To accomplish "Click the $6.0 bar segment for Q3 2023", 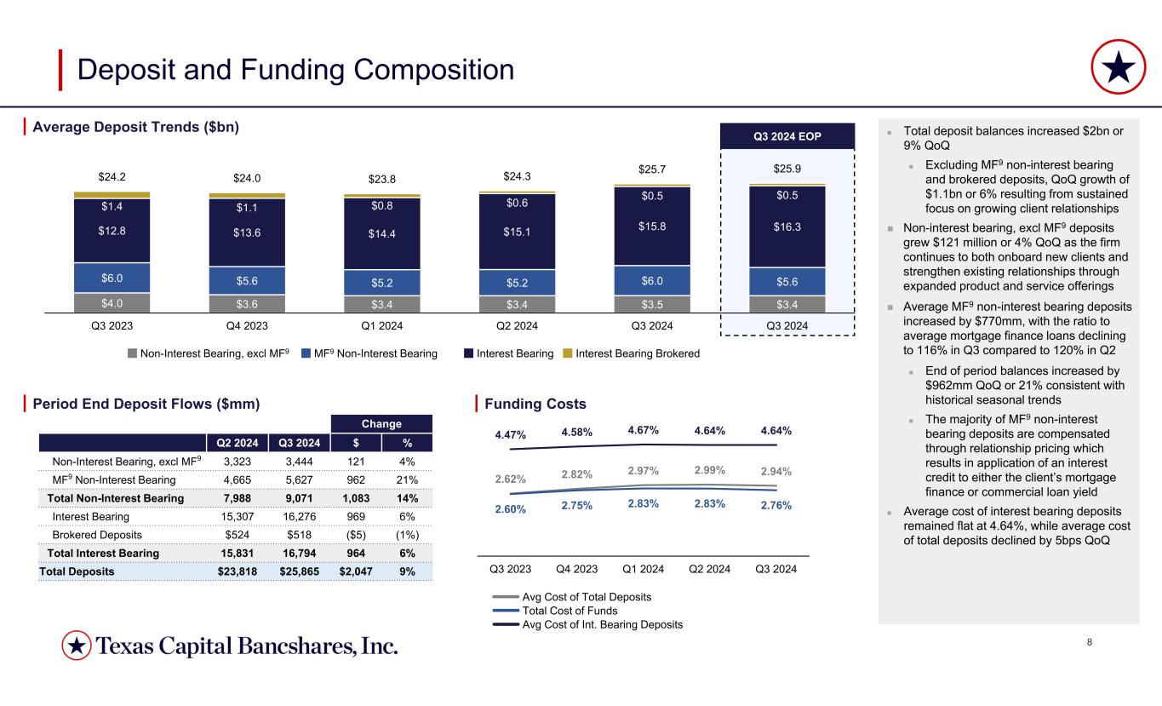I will (x=112, y=278).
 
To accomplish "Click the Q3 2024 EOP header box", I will (x=787, y=136).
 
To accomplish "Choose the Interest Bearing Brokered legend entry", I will (x=633, y=353).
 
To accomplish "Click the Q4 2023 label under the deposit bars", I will (x=247, y=325).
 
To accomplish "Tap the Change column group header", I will (x=382, y=424).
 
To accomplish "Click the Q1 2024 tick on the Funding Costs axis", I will (x=644, y=568).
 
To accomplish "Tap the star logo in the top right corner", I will (x=1117, y=69).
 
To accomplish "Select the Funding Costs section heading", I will (x=535, y=403).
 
